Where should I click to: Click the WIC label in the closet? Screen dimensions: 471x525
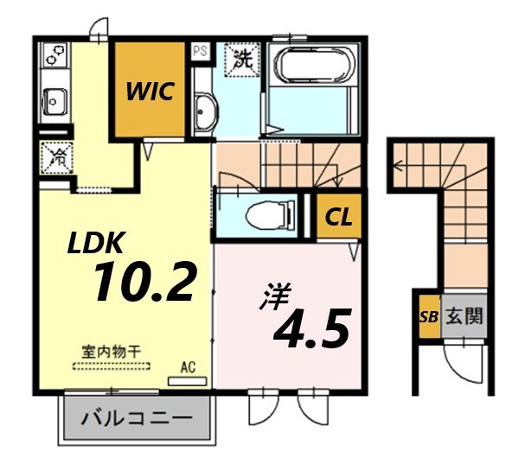(153, 89)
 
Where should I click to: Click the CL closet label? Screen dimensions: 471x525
(337, 218)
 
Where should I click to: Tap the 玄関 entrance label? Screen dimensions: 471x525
(464, 316)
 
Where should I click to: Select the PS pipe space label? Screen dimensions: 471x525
(200, 51)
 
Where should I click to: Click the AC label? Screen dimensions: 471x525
(188, 366)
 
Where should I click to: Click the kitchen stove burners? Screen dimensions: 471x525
(54, 57)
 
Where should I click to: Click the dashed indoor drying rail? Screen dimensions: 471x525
(111, 366)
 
